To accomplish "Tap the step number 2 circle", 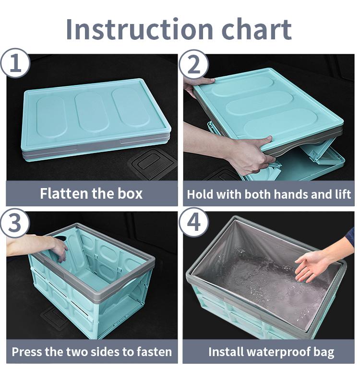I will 193,64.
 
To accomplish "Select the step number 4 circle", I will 193,223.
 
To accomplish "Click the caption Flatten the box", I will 91,194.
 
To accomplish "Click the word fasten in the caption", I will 151,352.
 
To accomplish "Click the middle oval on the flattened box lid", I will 92,112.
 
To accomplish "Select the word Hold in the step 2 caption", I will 199,194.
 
